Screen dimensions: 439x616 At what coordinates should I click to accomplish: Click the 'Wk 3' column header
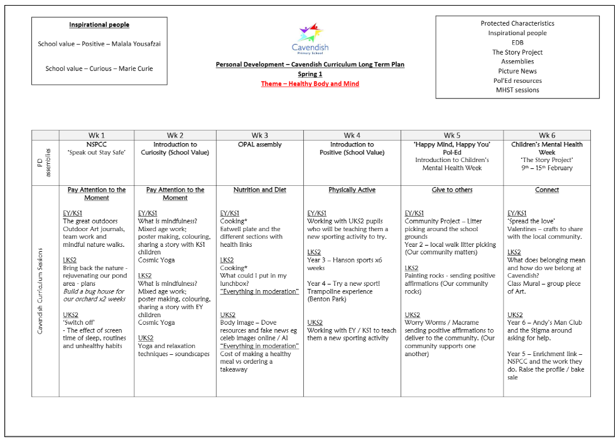tap(260, 135)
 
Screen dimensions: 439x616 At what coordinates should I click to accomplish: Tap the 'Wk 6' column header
tap(547, 135)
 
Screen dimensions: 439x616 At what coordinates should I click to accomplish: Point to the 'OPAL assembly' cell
tap(260, 144)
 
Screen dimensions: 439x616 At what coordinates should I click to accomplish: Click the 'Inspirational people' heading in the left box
tap(99, 25)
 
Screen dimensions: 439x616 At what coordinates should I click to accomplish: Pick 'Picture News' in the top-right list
tap(517, 71)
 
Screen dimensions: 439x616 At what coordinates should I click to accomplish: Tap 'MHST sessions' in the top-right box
tap(517, 90)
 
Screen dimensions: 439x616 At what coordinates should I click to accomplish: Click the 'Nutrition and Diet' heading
tap(260, 190)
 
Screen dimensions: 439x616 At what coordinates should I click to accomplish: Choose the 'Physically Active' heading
tap(352, 190)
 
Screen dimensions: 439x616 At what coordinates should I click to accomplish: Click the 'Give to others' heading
tap(452, 190)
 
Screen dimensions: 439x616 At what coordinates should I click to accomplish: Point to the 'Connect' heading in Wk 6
tap(547, 190)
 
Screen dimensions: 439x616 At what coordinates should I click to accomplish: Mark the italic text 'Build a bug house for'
tap(94, 291)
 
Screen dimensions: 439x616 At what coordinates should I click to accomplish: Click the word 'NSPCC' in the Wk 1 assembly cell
tap(97, 144)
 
